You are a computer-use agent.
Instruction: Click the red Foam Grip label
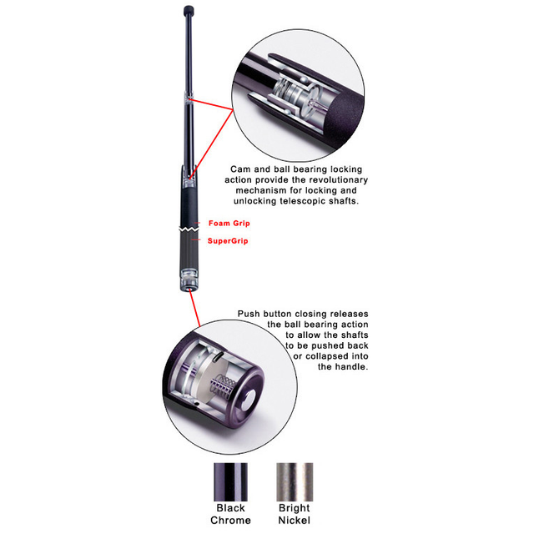[x=229, y=224]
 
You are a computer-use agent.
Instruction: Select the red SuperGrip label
[x=228, y=241]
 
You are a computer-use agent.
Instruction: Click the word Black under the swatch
[x=230, y=508]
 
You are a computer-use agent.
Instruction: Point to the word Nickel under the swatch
[x=294, y=521]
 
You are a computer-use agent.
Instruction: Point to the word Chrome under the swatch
[x=230, y=521]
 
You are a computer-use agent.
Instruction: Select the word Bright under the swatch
[x=294, y=508]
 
